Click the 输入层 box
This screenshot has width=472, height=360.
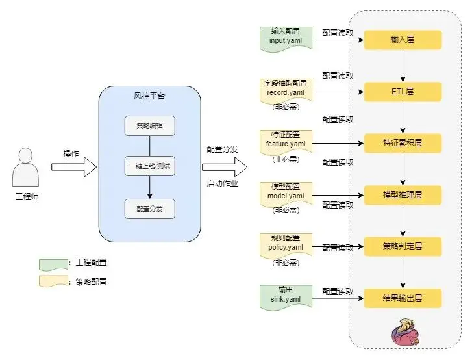403,40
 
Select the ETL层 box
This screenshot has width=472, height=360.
403,91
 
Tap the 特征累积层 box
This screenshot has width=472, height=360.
403,142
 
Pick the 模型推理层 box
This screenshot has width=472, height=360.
403,194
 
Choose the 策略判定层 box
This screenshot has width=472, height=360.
403,246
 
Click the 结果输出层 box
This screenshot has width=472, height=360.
403,298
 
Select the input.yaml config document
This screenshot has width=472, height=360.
286,37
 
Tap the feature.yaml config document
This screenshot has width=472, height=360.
286,140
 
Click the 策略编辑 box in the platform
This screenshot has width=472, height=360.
150,125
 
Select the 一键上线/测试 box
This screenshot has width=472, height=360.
150,167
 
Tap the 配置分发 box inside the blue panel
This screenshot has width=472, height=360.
150,209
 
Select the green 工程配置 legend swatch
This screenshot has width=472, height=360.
54,263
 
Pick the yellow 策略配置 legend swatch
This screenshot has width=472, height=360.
54,282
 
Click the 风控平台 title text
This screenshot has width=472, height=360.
149,96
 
